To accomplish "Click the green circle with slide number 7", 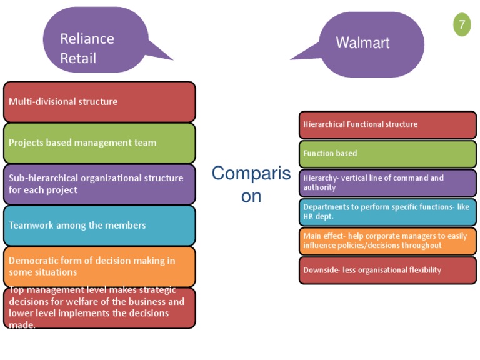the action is click(x=462, y=25).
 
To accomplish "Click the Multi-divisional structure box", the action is click(x=99, y=101).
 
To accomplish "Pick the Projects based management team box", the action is click(x=99, y=142).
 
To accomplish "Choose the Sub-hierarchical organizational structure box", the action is click(x=99, y=184).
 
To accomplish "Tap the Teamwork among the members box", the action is click(x=99, y=225).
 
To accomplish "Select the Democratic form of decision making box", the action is click(x=99, y=266).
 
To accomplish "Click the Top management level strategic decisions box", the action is click(x=99, y=307).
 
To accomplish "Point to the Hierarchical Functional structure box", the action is click(x=387, y=124).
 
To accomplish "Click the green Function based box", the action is click(x=387, y=153).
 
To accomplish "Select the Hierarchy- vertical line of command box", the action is click(x=387, y=182).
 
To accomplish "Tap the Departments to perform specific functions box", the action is click(x=387, y=212).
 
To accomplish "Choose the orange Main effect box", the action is click(x=387, y=241).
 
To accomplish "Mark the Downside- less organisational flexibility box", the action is click(x=387, y=270).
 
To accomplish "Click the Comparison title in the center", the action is click(x=251, y=184).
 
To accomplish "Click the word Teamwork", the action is click(x=31, y=225).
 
